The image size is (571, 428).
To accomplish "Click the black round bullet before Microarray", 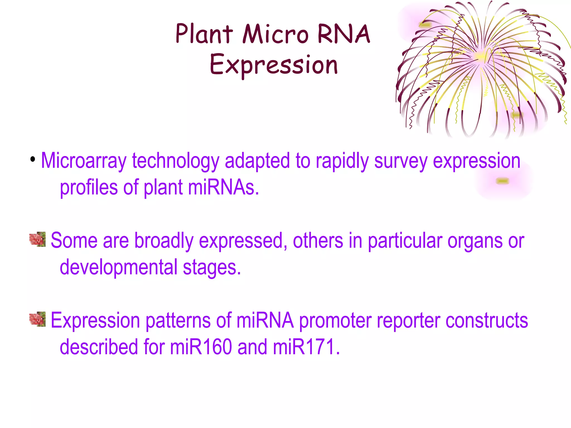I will point(33,160).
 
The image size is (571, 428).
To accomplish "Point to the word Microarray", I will point(84,161).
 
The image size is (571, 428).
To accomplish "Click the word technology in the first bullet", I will point(176,161).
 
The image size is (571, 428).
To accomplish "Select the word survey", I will point(401,161).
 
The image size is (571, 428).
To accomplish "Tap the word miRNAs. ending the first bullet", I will point(223,188).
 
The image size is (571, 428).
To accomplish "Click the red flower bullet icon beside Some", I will point(37,239).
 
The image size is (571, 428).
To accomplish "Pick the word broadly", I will point(164,241).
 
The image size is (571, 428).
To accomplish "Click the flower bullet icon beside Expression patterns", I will point(37,319).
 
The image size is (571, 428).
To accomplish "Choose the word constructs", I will point(487,321).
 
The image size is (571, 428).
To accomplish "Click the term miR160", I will point(201,347).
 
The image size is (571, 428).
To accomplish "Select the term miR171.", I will point(306,347).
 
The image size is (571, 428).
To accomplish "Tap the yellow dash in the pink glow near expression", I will point(503,181).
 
